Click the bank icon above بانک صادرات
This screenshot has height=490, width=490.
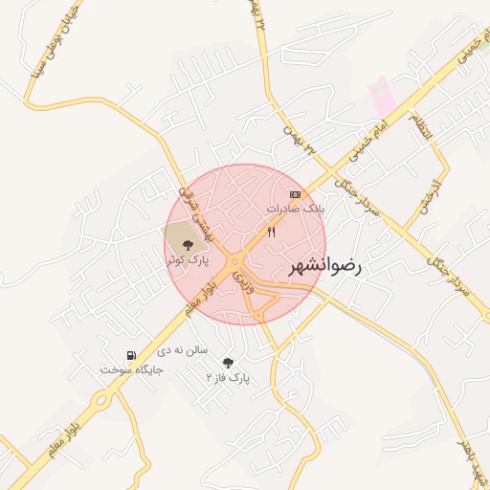(x=295, y=194)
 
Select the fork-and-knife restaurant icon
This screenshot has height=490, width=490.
(x=272, y=232)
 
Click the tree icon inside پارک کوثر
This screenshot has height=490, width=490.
(x=186, y=246)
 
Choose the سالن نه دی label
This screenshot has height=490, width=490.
(x=184, y=351)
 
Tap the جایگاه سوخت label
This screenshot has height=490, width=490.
(x=132, y=368)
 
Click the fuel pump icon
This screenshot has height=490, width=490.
(x=131, y=355)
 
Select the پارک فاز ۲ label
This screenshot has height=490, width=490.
(x=228, y=378)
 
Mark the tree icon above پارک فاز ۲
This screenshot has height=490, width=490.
(x=228, y=363)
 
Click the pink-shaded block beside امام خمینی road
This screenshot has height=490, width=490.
(x=382, y=96)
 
